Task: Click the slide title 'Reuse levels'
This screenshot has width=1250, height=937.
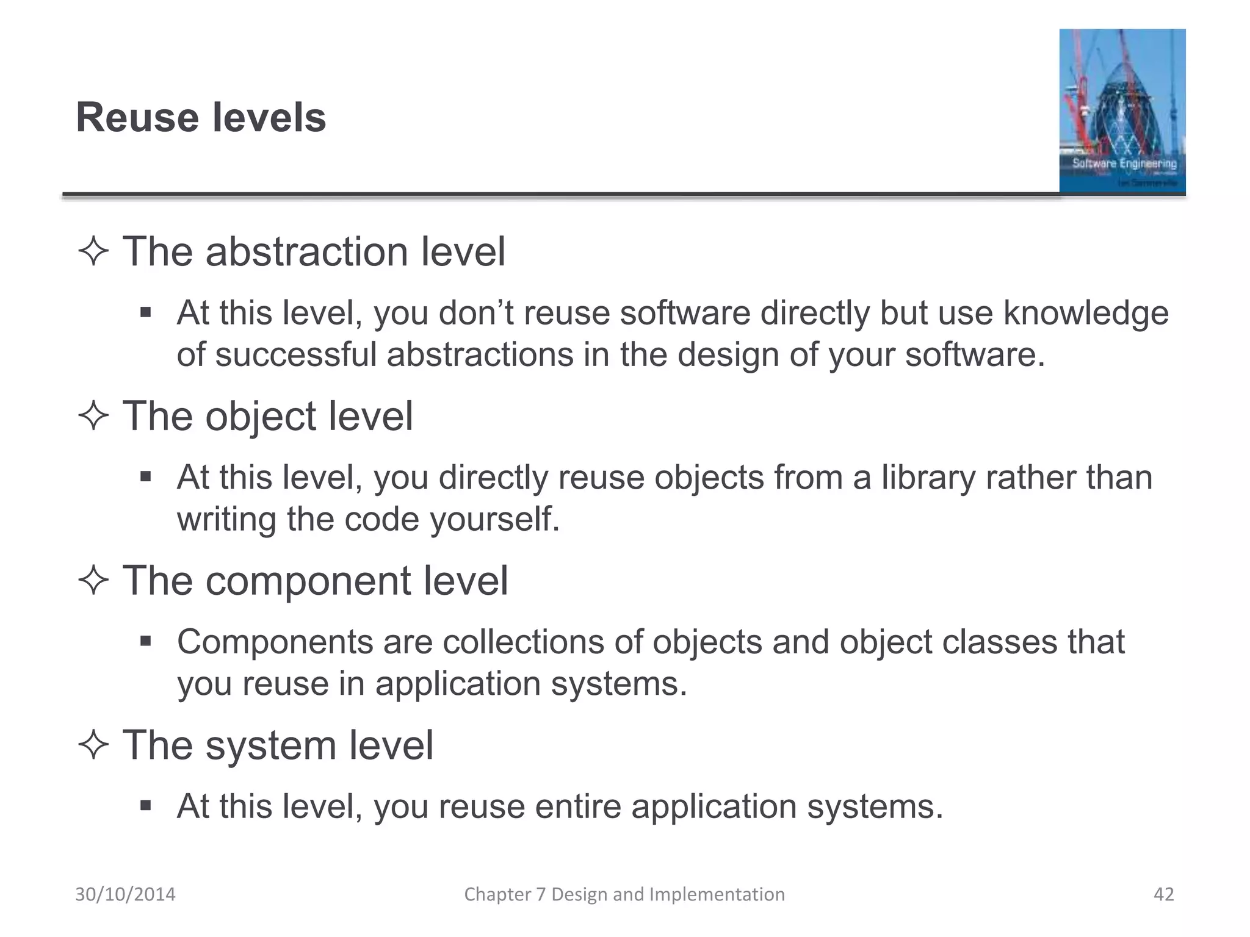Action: pos(201,117)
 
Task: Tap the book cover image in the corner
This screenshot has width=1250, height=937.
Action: pos(1122,111)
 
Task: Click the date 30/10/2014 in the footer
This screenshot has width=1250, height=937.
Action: pos(125,894)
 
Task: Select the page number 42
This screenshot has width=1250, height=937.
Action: pos(1163,894)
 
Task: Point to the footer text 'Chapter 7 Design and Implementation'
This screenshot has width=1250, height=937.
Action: pos(624,894)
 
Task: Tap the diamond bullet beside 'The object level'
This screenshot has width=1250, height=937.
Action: pos(93,417)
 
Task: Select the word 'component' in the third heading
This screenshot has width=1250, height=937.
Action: pos(308,581)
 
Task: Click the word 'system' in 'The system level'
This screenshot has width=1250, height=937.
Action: pos(270,745)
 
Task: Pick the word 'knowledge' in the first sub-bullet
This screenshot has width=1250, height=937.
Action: pos(1086,314)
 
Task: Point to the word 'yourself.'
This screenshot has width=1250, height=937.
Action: pos(494,520)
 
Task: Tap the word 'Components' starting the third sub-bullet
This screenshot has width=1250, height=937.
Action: pos(275,642)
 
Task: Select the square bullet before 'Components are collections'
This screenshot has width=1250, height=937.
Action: pos(145,641)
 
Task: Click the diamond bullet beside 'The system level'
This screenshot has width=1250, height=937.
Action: pos(93,745)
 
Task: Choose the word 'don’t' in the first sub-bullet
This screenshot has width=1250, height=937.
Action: pos(474,314)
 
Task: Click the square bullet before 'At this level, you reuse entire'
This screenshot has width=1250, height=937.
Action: pos(145,806)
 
